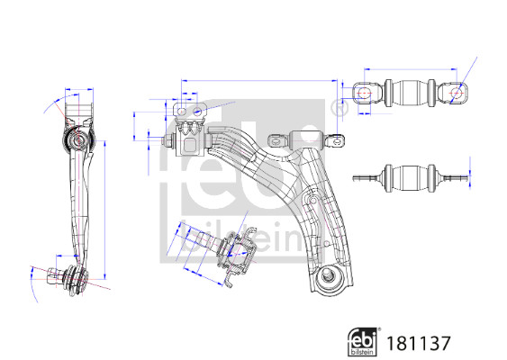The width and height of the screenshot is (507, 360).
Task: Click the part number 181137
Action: pyautogui.click(x=419, y=343)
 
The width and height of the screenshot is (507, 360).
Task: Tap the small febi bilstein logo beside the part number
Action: pyautogui.click(x=364, y=342)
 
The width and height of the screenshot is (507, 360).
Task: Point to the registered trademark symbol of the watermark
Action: pyautogui.click(x=340, y=108)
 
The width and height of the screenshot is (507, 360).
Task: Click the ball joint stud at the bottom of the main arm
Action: pyautogui.click(x=327, y=275)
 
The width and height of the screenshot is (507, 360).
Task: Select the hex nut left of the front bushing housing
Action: pyautogui.click(x=167, y=141)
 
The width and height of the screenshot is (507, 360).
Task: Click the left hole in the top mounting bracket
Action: pyautogui.click(x=182, y=112)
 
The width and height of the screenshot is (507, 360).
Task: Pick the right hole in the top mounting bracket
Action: pyautogui.click(x=197, y=112)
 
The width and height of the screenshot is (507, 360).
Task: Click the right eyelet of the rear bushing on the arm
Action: pyautogui.click(x=335, y=141)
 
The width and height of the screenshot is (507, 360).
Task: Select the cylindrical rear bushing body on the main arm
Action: pyautogui.click(x=307, y=140)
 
